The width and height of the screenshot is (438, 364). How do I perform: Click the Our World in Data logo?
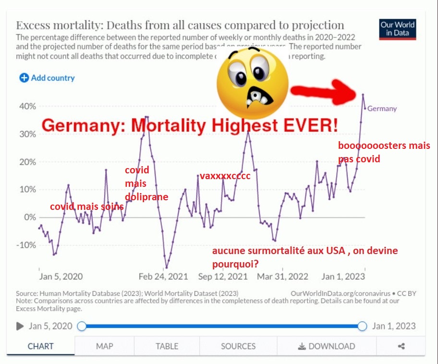[398, 29]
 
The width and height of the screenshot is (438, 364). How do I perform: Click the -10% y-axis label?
[27, 245]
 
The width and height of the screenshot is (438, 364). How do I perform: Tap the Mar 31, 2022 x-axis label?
[282, 277]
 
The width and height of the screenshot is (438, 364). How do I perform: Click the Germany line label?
[382, 109]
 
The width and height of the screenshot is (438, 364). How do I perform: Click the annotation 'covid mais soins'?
[87, 206]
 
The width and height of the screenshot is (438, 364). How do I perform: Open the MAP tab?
[104, 346]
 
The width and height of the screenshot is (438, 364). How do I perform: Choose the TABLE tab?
[167, 346]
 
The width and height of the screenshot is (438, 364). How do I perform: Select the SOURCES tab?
[238, 346]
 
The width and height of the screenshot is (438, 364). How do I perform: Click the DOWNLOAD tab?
[327, 346]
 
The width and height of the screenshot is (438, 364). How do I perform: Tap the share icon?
[401, 346]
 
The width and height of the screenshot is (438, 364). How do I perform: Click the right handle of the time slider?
[363, 327]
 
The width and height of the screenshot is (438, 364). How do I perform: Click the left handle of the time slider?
[82, 327]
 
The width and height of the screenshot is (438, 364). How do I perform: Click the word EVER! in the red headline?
[310, 126]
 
